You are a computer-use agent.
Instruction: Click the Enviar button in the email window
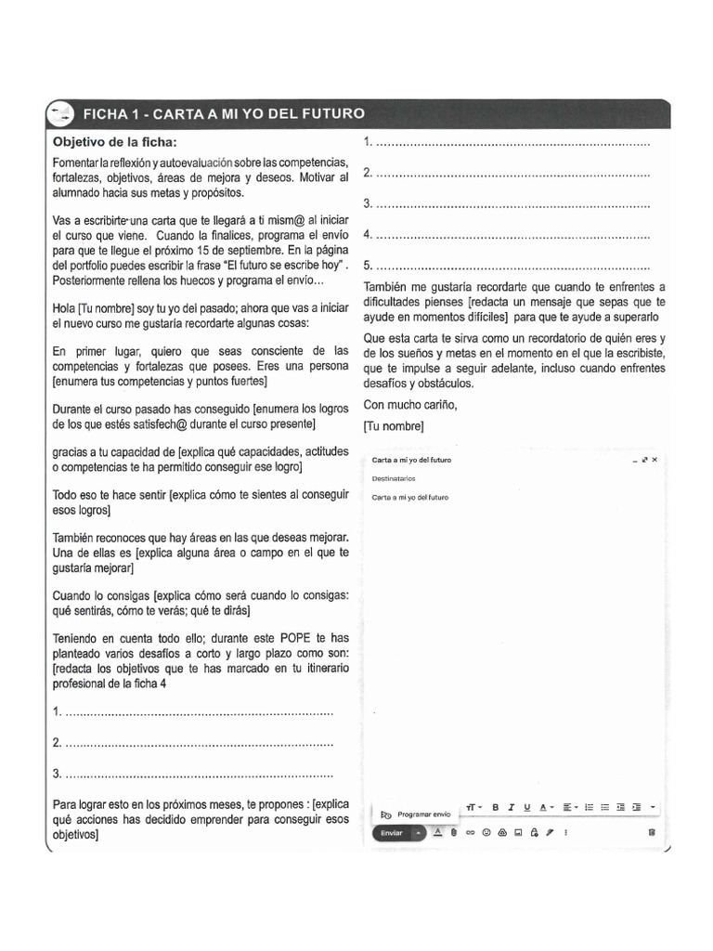[392, 832]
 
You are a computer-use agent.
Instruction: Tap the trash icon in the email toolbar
[651, 832]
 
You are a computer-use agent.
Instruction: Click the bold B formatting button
[496, 807]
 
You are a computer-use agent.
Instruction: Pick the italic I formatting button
[512, 807]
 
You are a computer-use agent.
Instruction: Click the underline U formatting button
[527, 807]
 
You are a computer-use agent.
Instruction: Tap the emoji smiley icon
[486, 832]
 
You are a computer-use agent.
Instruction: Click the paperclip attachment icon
[454, 832]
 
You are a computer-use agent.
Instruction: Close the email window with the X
[655, 460]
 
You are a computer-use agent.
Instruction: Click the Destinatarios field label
[394, 479]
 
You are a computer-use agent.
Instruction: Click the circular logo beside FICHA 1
[62, 114]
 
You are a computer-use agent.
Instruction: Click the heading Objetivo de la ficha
[113, 142]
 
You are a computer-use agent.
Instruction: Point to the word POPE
[294, 638]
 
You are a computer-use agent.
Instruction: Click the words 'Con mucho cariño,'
[409, 404]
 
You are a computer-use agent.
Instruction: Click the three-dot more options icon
[566, 832]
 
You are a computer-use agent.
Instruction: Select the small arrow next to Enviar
[419, 832]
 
